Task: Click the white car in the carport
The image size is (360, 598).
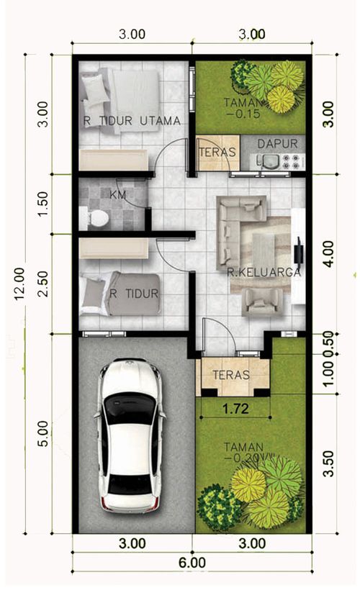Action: coord(130,435)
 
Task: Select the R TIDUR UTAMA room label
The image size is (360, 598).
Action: coord(131,121)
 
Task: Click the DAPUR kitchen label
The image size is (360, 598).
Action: coord(277,143)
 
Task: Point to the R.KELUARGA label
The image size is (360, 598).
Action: coord(264,272)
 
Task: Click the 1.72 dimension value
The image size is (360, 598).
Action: coord(235,409)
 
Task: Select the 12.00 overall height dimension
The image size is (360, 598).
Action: coord(19,284)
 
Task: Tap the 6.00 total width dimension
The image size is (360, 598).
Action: coord(192,563)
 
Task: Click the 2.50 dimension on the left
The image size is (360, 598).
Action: coord(45,284)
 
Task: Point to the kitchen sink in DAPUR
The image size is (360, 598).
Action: coord(269,160)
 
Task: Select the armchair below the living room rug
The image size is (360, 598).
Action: coord(262,302)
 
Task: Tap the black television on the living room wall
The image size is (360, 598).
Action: coord(299,250)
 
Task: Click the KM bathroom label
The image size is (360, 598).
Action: coord(117,195)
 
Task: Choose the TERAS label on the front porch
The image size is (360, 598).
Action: coord(231,374)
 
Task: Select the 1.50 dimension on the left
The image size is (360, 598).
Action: coord(45,203)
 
